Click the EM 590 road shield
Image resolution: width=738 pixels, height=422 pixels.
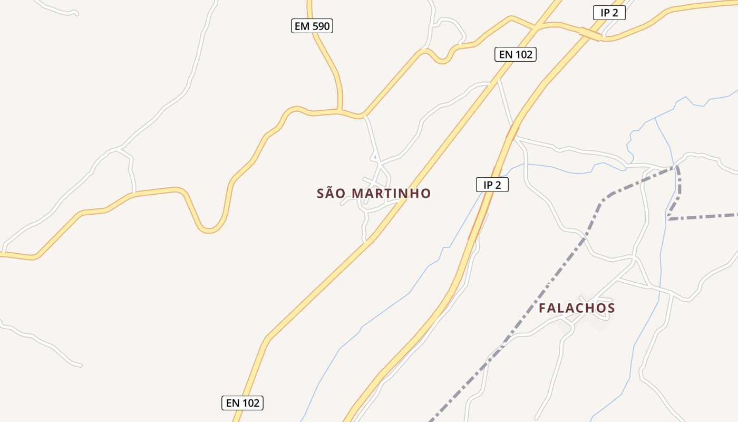(x=312, y=26)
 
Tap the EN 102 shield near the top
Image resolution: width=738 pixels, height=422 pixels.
(x=515, y=54)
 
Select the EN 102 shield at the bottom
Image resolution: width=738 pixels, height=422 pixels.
(x=242, y=403)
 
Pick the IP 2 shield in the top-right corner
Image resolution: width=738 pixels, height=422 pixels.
(x=609, y=13)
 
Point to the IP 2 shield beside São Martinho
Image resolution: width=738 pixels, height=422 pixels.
(x=492, y=185)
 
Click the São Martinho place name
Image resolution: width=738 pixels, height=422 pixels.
(x=374, y=194)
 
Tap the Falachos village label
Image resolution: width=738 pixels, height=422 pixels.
(x=577, y=308)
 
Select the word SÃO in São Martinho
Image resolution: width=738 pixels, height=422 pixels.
(x=332, y=194)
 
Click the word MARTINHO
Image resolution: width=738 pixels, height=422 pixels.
(x=391, y=194)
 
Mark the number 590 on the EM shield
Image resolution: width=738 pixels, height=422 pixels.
(x=321, y=26)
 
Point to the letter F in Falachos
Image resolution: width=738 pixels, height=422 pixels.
(x=542, y=308)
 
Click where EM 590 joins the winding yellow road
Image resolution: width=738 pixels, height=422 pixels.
(x=339, y=111)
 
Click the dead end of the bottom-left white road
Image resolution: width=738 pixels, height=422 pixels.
(x=80, y=365)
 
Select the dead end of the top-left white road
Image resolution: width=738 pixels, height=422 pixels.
(x=77, y=14)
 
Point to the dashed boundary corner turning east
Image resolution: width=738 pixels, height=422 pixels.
(x=668, y=218)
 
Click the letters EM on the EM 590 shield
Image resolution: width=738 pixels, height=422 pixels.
(x=302, y=26)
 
